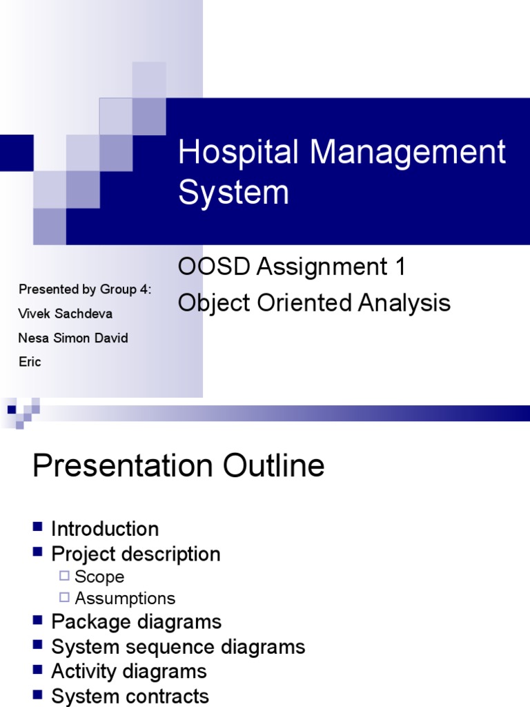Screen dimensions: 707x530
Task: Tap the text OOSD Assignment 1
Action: point(292,267)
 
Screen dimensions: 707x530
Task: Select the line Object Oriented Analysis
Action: point(314,303)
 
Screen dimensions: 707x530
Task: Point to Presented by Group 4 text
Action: point(85,289)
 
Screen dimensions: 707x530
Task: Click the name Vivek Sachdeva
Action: point(66,314)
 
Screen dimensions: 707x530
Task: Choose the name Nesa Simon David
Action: point(73,338)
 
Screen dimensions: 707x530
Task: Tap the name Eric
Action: point(30,362)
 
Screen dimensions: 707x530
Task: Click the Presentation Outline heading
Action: point(178,466)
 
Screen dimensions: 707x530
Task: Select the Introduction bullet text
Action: point(105,530)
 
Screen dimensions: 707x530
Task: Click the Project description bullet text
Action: point(136,554)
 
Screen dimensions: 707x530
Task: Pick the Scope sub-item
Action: point(99,577)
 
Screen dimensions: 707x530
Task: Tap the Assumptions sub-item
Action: point(125,599)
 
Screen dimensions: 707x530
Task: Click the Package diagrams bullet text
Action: point(137,622)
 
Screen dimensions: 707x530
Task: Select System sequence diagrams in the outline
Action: point(178,647)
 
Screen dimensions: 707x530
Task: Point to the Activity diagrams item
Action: point(129,671)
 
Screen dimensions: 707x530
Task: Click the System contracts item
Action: point(130,696)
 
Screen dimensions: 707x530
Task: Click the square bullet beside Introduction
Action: point(39,528)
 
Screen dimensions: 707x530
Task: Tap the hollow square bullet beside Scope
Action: point(65,577)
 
